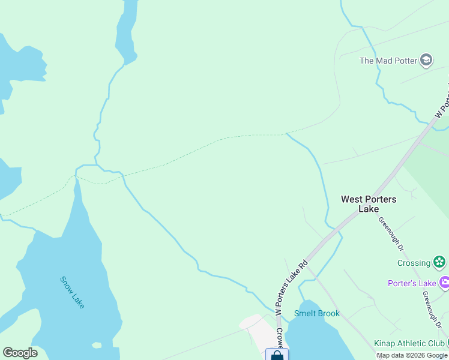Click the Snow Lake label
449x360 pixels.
pyautogui.click(x=72, y=292)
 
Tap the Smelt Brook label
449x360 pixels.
pyautogui.click(x=317, y=313)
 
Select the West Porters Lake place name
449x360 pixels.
pyautogui.click(x=369, y=203)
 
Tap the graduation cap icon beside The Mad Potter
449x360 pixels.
pyautogui.click(x=426, y=60)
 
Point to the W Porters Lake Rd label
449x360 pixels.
pyautogui.click(x=291, y=287)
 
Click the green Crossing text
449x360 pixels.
pyautogui.click(x=414, y=263)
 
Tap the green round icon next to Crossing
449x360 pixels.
pyautogui.click(x=439, y=262)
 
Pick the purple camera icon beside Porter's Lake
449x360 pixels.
pyautogui.click(x=445, y=283)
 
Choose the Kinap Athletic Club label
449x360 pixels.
pyautogui.click(x=409, y=343)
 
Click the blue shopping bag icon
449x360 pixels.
pyautogui.click(x=277, y=355)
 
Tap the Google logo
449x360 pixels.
pyautogui.click(x=20, y=353)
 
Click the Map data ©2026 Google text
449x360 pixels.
pyautogui.click(x=412, y=355)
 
